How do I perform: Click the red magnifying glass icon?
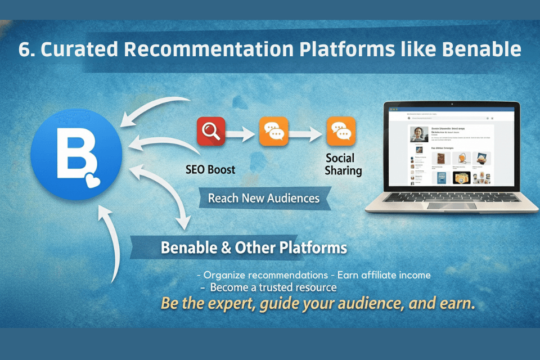211,132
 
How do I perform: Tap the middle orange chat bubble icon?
274,132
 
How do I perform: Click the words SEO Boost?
210,169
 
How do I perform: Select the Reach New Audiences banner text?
263,198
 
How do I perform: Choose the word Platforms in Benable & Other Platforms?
315,247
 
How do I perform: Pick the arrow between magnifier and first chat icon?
242,133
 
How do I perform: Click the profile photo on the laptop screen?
418,134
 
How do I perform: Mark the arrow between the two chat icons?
308,133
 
